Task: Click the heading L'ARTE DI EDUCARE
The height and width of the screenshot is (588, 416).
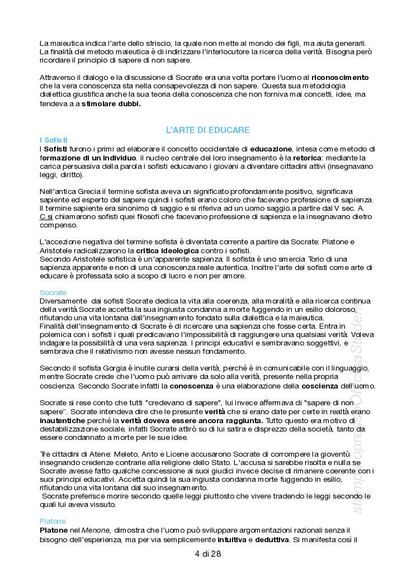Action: [x=208, y=130]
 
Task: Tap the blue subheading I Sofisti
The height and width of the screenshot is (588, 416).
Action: [x=54, y=139]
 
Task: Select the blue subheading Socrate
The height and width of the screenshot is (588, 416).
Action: [x=53, y=292]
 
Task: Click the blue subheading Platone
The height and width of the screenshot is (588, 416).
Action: [x=53, y=521]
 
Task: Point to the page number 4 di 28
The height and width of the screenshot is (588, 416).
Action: [x=208, y=554]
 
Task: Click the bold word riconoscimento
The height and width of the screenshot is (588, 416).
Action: [x=340, y=77]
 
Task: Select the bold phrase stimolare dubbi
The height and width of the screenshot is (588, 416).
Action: [x=111, y=103]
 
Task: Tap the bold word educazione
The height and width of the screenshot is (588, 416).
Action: [x=271, y=149]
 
